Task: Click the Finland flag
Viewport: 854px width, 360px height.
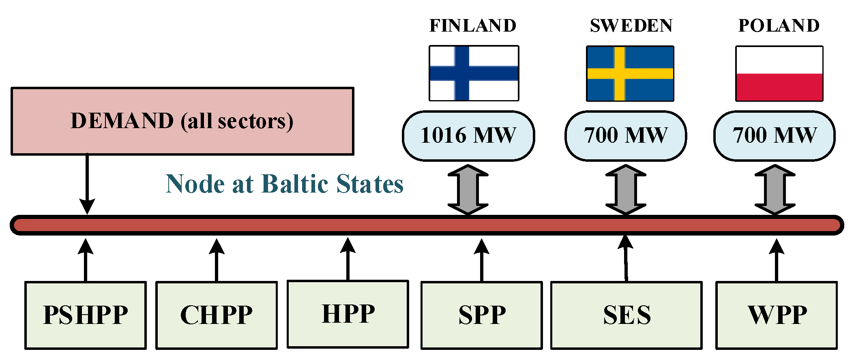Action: pos(474,73)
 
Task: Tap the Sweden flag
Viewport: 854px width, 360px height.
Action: pos(630,73)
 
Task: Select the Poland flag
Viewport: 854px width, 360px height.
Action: pos(779,73)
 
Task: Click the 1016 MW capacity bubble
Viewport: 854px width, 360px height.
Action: pos(468,136)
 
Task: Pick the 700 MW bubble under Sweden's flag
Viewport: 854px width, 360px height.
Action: pos(626,136)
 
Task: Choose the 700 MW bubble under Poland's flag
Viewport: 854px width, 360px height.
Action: pos(775,136)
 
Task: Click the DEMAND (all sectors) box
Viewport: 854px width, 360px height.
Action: pos(182,121)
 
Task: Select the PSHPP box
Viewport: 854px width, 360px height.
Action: pos(86,315)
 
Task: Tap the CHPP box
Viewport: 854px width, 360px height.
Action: pos(217,315)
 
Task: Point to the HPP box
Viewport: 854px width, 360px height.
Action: pos(348,314)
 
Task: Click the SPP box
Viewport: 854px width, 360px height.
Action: pos(482,315)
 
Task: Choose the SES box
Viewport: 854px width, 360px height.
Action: pos(627,315)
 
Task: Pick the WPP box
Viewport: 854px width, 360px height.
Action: pos(777,315)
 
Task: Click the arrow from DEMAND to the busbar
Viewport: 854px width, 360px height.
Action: pos(87,182)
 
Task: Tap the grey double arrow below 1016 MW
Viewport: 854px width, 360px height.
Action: pos(468,189)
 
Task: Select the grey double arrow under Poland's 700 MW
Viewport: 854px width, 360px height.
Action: pos(775,189)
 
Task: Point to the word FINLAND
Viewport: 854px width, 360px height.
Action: pos(473,26)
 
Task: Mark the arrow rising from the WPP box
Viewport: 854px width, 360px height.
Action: pos(777,259)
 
